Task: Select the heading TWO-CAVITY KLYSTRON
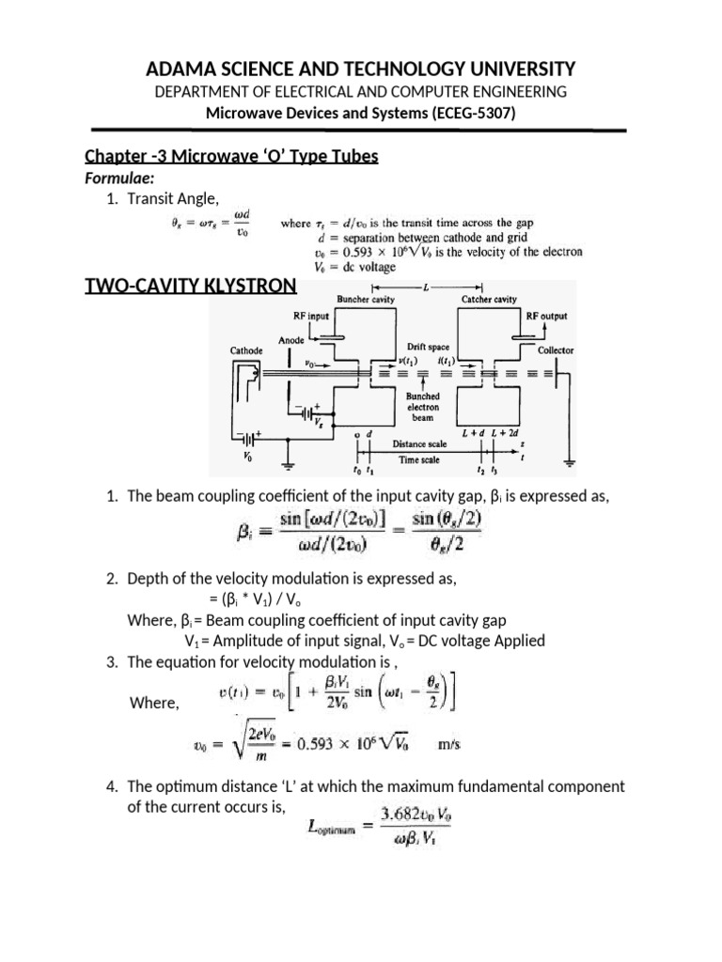tap(192, 287)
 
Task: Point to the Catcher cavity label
tap(489, 300)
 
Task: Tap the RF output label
tap(546, 317)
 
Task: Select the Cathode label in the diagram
tap(247, 350)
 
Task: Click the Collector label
tap(556, 350)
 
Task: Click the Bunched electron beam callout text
tap(422, 408)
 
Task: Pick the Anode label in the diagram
tap(291, 339)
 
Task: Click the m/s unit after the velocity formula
tap(450, 745)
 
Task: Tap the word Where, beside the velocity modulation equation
tap(152, 703)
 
